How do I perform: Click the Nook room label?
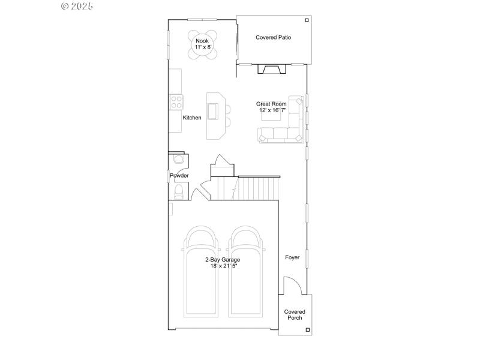[202, 41]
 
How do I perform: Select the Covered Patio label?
[273, 37]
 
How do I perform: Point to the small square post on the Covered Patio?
[307, 20]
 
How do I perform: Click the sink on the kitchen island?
[213, 112]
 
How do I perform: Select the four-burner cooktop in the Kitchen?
[176, 102]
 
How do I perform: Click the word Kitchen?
[192, 118]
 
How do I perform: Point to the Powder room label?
[179, 176]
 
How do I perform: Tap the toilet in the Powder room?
[178, 191]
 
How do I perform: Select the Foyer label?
[292, 257]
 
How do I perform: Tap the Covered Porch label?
[295, 314]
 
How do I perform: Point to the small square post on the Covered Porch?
[307, 329]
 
